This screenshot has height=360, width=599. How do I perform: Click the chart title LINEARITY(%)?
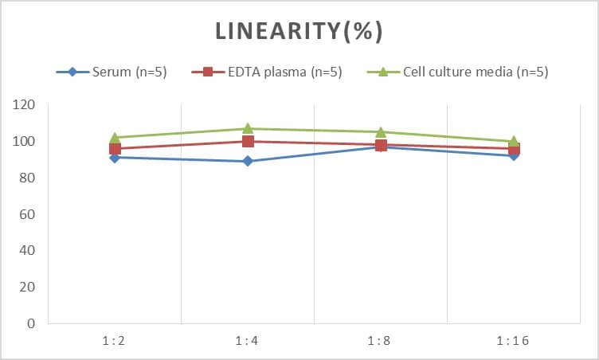(x=299, y=31)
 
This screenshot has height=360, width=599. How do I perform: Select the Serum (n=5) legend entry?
(x=112, y=72)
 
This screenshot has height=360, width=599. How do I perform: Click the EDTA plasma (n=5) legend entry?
(x=268, y=72)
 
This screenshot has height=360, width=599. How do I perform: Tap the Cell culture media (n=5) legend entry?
(x=457, y=72)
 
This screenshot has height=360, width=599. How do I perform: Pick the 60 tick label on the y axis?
(x=27, y=214)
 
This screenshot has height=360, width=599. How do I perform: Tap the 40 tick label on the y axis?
(x=27, y=251)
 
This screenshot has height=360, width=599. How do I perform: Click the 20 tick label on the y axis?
(x=27, y=288)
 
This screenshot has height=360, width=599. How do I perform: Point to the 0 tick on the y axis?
(x=30, y=324)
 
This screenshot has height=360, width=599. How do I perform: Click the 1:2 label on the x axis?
(x=115, y=341)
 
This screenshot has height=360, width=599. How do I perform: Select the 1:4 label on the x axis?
(x=248, y=341)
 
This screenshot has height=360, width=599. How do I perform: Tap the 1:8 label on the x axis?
(x=381, y=341)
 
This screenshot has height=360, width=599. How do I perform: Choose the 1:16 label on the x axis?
(x=514, y=341)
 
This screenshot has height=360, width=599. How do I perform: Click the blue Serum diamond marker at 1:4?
(x=248, y=161)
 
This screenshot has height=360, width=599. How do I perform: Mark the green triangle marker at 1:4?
(x=248, y=128)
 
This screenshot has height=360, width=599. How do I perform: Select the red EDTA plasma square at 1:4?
(x=248, y=142)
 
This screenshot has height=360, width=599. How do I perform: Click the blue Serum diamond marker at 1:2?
(x=115, y=158)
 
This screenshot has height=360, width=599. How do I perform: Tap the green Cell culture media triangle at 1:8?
(x=381, y=131)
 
